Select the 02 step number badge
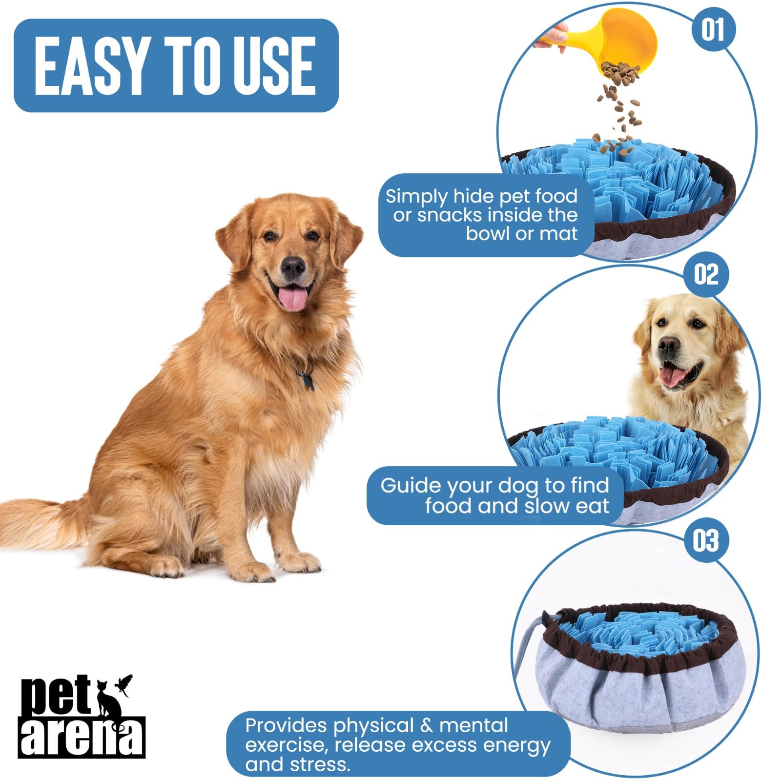coord(706,274)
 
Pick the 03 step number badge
coord(705,541)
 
